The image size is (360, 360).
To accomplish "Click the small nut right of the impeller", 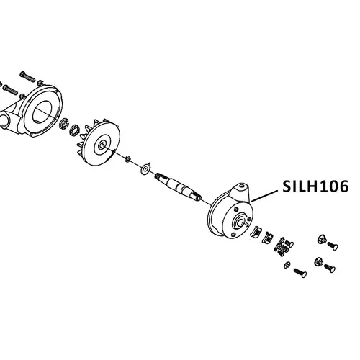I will (127, 159).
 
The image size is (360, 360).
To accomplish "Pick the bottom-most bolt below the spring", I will (300, 273).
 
